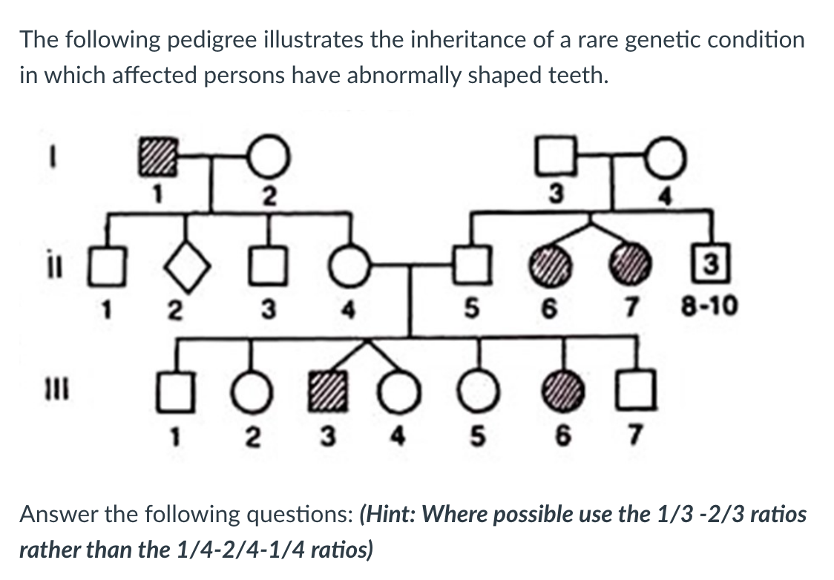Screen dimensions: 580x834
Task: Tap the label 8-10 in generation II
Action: pos(710,306)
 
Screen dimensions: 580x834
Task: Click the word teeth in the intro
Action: pos(573,76)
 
